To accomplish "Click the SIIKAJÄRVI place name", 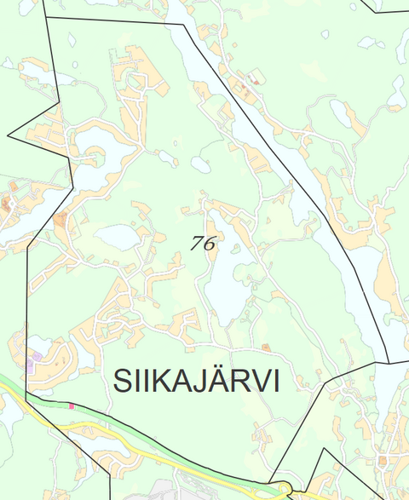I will click(196, 382).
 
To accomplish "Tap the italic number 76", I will click(204, 243).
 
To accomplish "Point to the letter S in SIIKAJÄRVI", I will click(124, 382).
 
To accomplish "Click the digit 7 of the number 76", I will click(198, 243).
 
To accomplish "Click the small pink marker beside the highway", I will click(72, 406).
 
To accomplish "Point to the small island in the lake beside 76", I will click(234, 250).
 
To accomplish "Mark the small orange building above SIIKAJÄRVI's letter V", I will click(266, 348).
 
